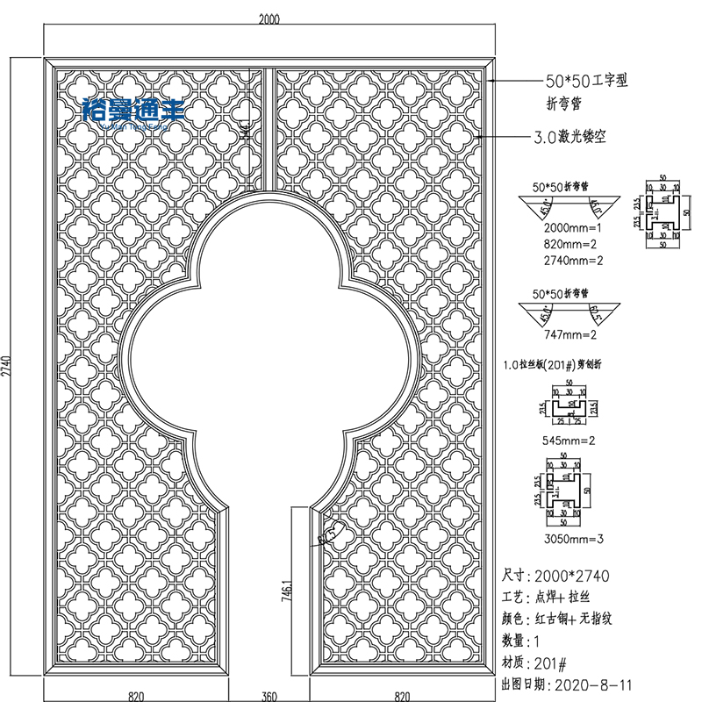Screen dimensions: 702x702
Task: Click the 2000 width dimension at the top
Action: [269, 21]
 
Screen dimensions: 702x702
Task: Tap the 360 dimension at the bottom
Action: [269, 696]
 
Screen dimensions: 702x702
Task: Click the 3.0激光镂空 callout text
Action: [569, 138]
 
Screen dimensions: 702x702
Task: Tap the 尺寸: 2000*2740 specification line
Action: [555, 576]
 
